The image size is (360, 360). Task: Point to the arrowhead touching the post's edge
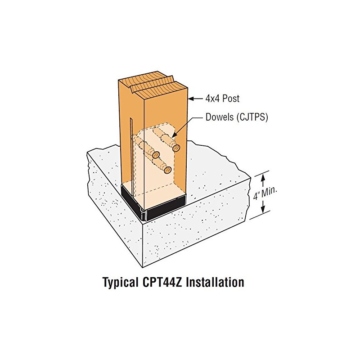189,98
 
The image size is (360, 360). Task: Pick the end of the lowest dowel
167,170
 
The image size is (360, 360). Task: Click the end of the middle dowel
156,155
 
